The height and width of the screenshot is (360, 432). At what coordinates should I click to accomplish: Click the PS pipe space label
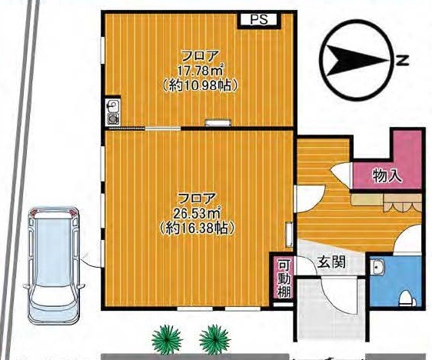click(259, 19)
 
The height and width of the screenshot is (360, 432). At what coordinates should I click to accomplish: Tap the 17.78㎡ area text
click(199, 71)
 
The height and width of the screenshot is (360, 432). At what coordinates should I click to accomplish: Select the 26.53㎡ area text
click(197, 213)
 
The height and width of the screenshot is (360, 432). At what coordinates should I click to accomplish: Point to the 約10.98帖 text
click(199, 85)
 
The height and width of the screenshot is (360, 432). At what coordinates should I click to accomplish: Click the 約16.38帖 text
click(197, 228)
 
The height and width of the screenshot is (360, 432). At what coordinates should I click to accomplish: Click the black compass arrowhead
click(358, 60)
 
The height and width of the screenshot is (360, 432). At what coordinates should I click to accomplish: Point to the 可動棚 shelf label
click(284, 279)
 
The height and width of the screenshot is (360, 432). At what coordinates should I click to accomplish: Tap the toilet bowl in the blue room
click(407, 298)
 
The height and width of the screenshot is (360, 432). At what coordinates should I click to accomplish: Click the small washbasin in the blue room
click(378, 267)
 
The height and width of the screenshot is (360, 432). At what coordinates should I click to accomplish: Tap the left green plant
click(167, 338)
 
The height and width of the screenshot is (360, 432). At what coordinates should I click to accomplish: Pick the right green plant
click(214, 338)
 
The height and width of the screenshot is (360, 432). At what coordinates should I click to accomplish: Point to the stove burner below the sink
click(113, 119)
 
